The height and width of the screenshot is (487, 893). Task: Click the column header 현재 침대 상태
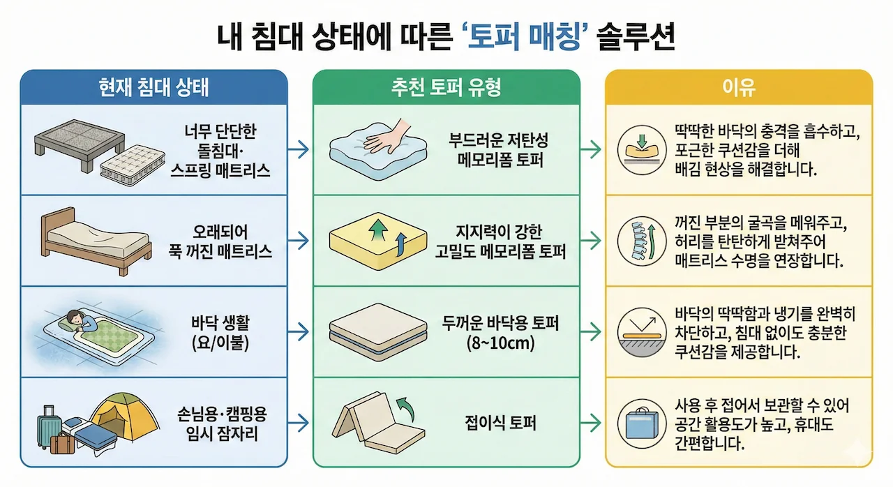[x=153, y=87]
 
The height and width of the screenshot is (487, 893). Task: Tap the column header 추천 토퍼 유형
[x=446, y=87]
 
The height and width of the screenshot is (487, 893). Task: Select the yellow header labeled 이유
[x=738, y=87]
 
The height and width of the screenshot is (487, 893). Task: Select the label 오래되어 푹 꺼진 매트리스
[x=220, y=241]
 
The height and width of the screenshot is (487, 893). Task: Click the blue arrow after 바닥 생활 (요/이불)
[x=299, y=332]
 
